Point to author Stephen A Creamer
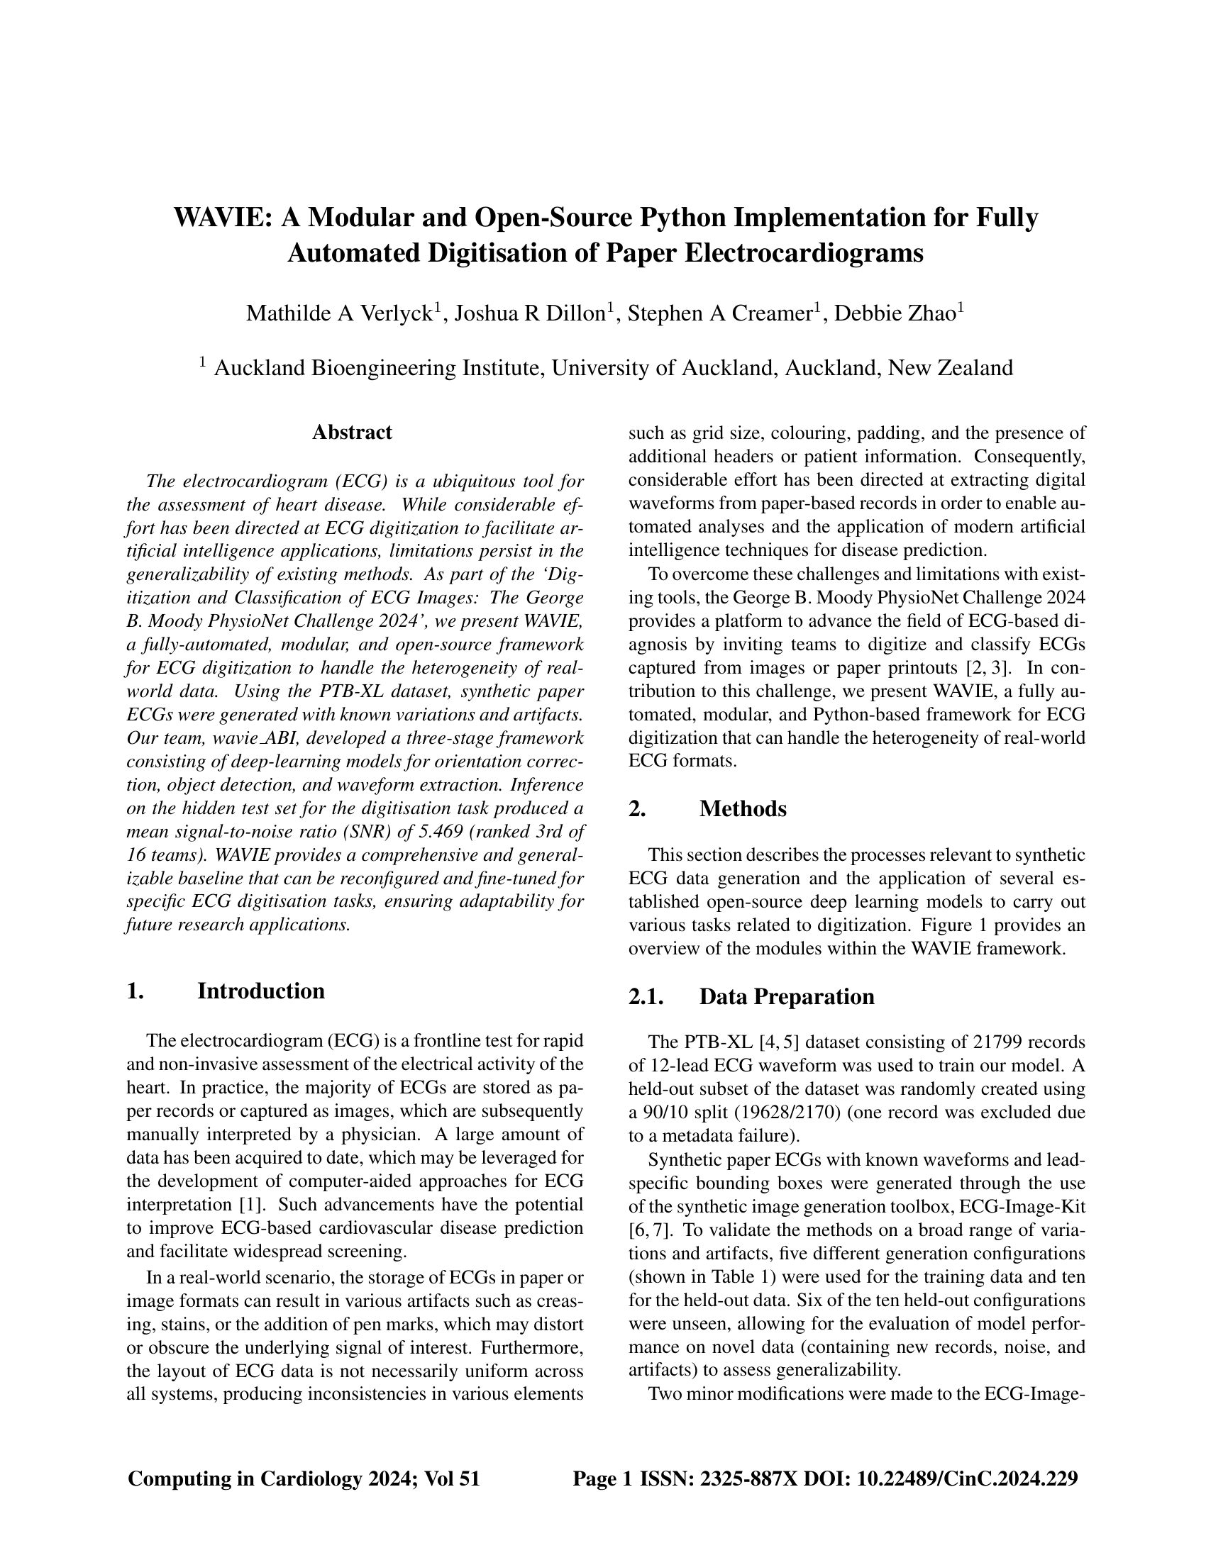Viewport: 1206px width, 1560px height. (721, 313)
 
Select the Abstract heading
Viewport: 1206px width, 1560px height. (353, 432)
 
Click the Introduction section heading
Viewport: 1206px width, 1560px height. (261, 991)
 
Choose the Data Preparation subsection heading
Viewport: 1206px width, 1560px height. (787, 996)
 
